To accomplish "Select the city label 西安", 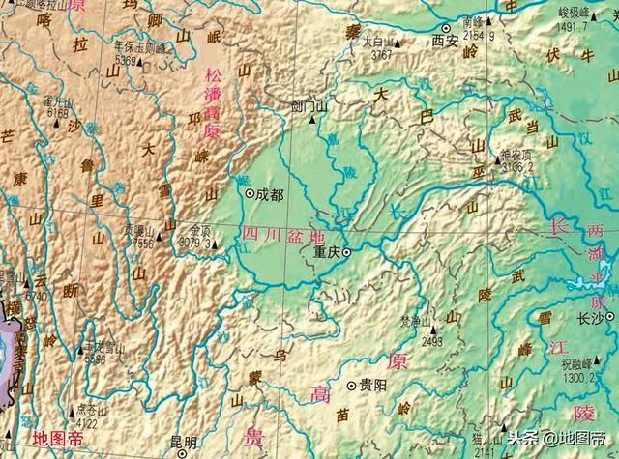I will pos(444,43).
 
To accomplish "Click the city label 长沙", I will pos(564,317).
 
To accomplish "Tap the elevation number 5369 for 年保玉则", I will pos(130,61).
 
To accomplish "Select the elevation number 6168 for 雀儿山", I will pos(56,113).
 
